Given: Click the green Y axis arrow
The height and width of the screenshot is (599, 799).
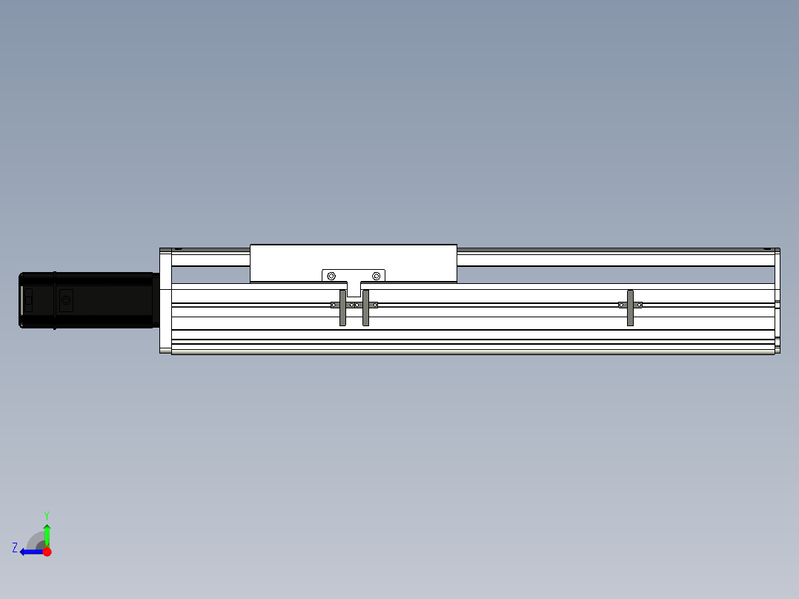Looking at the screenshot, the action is [47, 535].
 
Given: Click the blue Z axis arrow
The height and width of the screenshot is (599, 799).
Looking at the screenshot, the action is [32, 552].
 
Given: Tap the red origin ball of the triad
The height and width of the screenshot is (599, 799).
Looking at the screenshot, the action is [47, 552].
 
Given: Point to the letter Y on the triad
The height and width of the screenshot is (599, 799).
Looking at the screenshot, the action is [47, 515].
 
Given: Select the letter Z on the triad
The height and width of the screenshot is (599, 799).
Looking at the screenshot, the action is [15, 548].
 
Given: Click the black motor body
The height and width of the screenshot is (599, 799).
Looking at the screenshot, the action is [87, 300].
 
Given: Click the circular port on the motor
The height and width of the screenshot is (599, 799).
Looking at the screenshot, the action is [66, 300].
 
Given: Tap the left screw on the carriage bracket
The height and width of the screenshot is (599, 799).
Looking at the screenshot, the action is [331, 276].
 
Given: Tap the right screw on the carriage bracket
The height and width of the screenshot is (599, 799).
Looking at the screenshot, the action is [376, 276].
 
